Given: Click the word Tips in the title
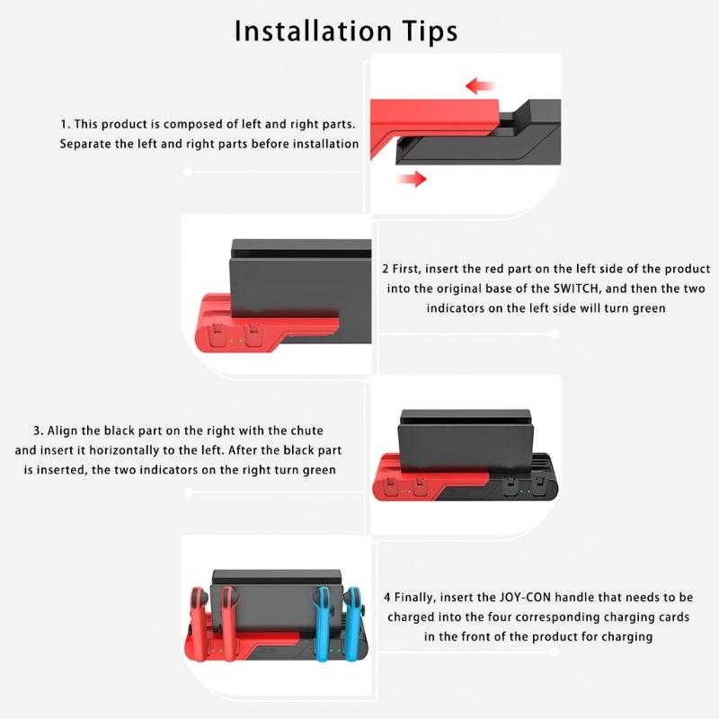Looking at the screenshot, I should (x=426, y=31).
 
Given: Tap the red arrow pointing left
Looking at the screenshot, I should (x=481, y=86).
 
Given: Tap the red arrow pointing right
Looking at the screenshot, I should (x=411, y=179).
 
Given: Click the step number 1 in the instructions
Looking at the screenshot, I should (x=64, y=123).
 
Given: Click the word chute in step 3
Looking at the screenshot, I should (x=306, y=431).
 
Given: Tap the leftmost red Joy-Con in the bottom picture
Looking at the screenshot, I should (x=197, y=620).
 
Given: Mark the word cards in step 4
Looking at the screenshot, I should (x=670, y=617).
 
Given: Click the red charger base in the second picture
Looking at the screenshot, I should (x=261, y=337).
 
